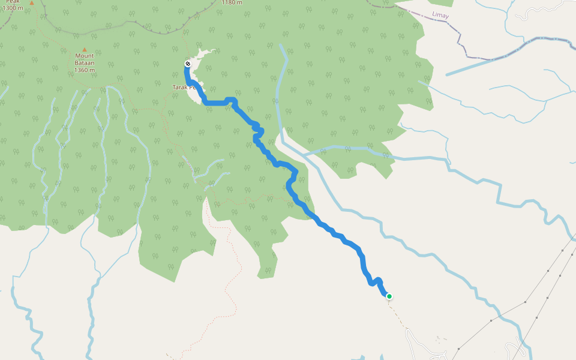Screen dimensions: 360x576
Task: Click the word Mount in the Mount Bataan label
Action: click(85, 56)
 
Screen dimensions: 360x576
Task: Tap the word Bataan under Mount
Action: click(85, 63)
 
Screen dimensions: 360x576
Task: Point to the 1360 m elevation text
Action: click(85, 70)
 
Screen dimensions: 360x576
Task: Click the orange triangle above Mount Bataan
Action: click(84, 49)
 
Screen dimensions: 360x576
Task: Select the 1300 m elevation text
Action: click(13, 8)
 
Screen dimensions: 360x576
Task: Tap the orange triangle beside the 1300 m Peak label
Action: click(32, 2)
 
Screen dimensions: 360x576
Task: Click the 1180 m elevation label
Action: click(232, 2)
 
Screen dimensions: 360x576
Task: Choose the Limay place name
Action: click(440, 15)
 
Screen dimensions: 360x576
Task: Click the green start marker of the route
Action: click(389, 296)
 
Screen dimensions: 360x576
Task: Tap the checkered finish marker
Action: click(188, 64)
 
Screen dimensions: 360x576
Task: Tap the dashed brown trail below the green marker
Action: click(399, 318)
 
